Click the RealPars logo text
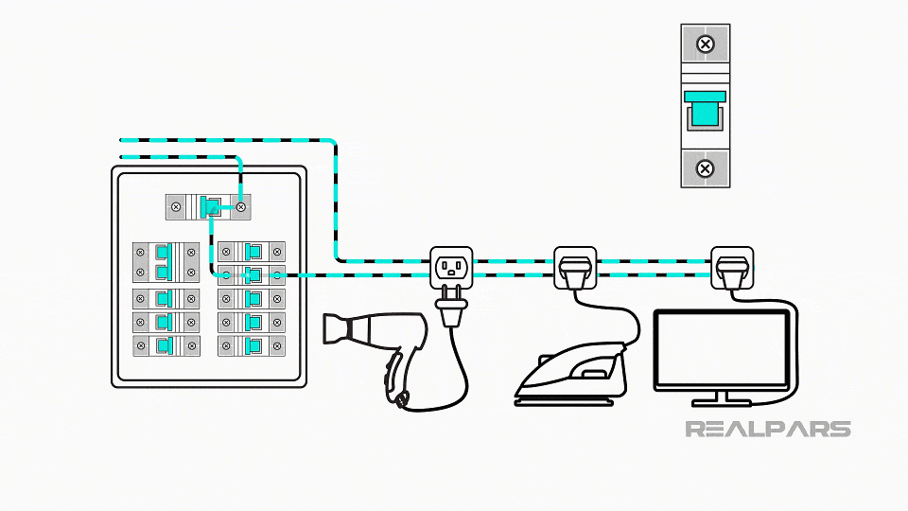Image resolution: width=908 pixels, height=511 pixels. point(767,429)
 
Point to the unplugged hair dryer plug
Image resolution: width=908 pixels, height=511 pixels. point(449,308)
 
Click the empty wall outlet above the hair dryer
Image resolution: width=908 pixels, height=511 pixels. point(451,267)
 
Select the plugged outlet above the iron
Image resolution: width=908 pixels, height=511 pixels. point(575,268)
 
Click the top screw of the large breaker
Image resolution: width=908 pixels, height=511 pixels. point(705,44)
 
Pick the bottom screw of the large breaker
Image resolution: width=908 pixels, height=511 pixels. point(705,168)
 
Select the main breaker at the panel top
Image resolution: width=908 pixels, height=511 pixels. point(208,205)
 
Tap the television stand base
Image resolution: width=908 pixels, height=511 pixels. point(721,400)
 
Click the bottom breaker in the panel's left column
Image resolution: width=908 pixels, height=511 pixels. point(166,345)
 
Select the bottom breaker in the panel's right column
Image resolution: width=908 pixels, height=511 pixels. point(251,345)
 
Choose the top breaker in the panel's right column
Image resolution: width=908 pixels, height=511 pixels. point(251,252)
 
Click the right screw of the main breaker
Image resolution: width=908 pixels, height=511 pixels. point(241,205)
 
